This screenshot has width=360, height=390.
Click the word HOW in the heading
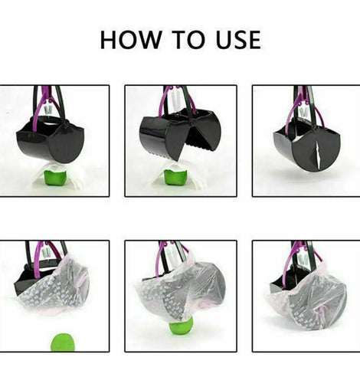point(130,40)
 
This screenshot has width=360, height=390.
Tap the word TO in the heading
point(188,40)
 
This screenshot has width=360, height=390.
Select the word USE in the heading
point(238,40)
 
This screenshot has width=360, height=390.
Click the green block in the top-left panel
point(54,179)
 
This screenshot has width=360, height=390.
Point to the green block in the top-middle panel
point(175,178)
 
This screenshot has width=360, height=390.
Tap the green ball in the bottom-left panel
point(63,342)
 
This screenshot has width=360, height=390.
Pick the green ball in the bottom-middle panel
point(180,328)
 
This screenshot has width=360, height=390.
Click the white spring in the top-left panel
point(48,110)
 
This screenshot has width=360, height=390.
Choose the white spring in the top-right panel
point(304,113)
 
